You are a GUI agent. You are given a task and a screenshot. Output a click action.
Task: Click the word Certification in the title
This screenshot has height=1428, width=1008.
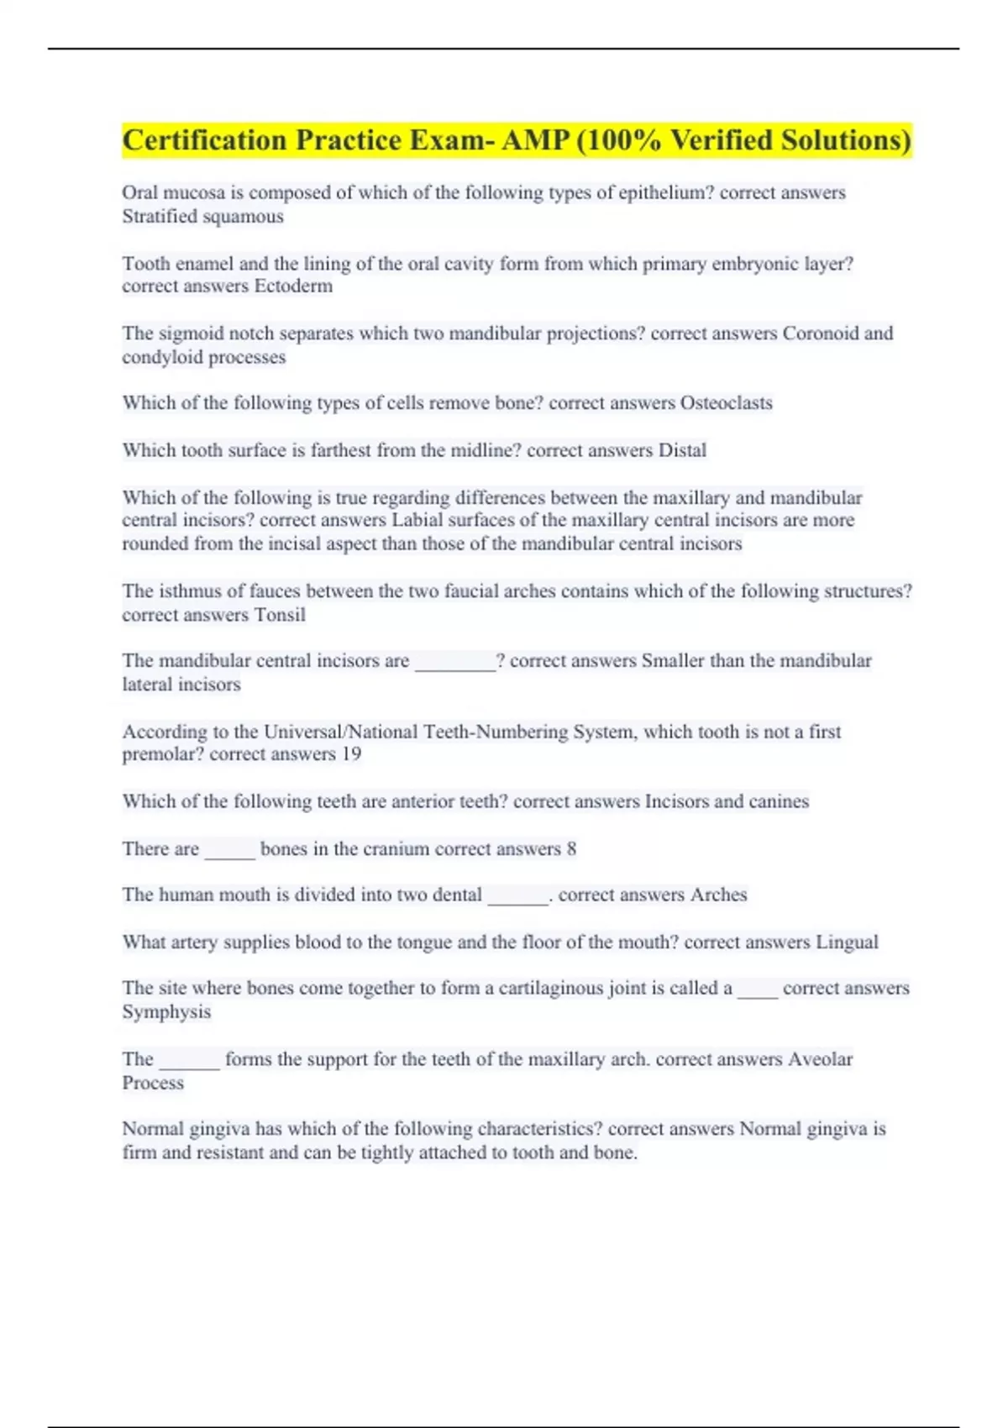tap(204, 140)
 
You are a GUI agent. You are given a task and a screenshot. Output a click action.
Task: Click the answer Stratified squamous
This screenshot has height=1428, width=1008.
tap(202, 217)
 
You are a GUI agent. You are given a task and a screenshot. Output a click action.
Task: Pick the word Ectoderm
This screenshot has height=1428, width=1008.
tap(293, 286)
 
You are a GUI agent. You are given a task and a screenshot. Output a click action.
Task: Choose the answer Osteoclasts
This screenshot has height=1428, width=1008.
tap(726, 403)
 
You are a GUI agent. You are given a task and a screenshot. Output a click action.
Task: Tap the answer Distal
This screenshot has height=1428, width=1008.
tap(682, 450)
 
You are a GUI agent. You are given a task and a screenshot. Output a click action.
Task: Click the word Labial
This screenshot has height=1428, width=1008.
tap(417, 521)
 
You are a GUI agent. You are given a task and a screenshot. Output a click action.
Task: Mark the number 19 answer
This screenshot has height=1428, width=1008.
tap(351, 754)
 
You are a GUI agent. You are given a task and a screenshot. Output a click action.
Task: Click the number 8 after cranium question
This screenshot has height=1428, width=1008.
tap(572, 849)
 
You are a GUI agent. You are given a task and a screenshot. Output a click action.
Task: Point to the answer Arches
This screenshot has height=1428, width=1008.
tap(718, 895)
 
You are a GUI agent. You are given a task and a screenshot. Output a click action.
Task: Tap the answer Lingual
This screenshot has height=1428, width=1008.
tap(847, 942)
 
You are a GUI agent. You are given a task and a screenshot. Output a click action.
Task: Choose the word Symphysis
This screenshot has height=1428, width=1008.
tap(166, 1012)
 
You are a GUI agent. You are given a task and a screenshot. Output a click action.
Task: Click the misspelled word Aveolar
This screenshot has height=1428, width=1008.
tap(820, 1059)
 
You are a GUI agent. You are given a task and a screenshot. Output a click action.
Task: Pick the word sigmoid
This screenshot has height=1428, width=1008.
tap(191, 333)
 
